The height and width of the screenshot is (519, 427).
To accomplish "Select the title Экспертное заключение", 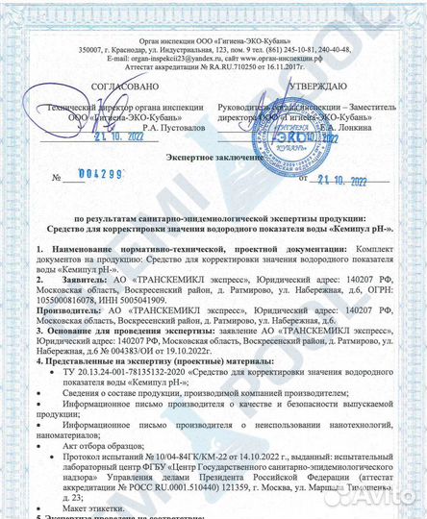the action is [x=213, y=156].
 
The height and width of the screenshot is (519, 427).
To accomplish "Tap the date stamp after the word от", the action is [x=336, y=179].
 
